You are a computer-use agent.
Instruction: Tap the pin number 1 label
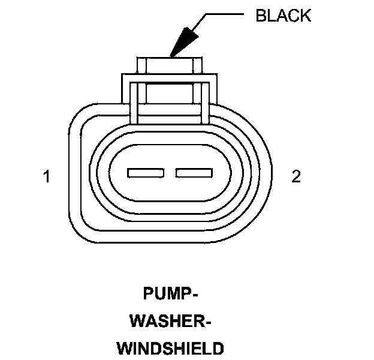pyautogui.click(x=46, y=176)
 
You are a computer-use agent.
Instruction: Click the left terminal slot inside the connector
pyautogui.click(x=146, y=173)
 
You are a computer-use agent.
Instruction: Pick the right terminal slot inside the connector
pyautogui.click(x=193, y=173)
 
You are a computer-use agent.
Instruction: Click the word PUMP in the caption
pyautogui.click(x=167, y=294)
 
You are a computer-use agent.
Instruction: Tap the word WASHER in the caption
pyautogui.click(x=167, y=321)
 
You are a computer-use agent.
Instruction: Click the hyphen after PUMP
pyautogui.click(x=195, y=295)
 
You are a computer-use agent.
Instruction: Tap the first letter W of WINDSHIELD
pyautogui.click(x=124, y=348)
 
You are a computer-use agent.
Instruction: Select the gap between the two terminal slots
pyautogui.click(x=170, y=173)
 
